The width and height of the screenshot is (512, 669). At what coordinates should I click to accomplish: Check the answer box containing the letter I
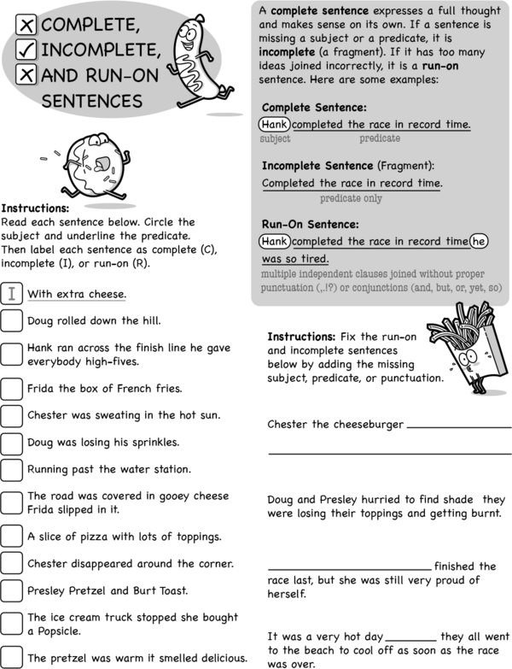click(x=12, y=294)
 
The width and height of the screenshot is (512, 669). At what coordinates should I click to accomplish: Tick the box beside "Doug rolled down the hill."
click(x=12, y=321)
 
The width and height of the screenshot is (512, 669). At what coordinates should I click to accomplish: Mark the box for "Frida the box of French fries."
click(x=12, y=388)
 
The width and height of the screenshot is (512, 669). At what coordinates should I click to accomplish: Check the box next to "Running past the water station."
click(x=12, y=468)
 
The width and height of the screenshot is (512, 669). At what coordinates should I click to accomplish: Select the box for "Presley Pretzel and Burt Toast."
click(x=12, y=590)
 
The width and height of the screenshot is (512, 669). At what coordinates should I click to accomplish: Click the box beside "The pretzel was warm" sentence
click(x=12, y=657)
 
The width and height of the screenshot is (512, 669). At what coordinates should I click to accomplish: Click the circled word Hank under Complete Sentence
click(x=275, y=125)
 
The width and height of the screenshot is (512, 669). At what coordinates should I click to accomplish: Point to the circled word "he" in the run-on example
click(x=479, y=241)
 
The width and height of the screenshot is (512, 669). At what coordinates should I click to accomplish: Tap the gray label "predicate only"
click(x=351, y=198)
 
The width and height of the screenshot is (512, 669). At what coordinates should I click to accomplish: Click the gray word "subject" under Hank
click(x=275, y=138)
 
